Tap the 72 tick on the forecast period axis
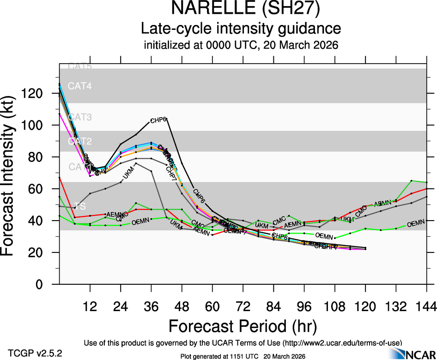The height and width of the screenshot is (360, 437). pyautogui.click(x=243, y=306)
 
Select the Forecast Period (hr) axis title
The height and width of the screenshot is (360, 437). pyautogui.click(x=243, y=326)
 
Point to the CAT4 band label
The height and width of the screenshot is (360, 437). pyautogui.click(x=80, y=86)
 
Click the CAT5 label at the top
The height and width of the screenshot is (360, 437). pyautogui.click(x=80, y=66)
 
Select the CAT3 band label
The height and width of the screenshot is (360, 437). pyautogui.click(x=80, y=117)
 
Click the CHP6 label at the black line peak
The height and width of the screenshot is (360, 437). pyautogui.click(x=158, y=120)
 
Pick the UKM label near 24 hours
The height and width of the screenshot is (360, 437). pyautogui.click(x=129, y=176)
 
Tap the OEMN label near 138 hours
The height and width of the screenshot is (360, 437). pyautogui.click(x=416, y=224)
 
